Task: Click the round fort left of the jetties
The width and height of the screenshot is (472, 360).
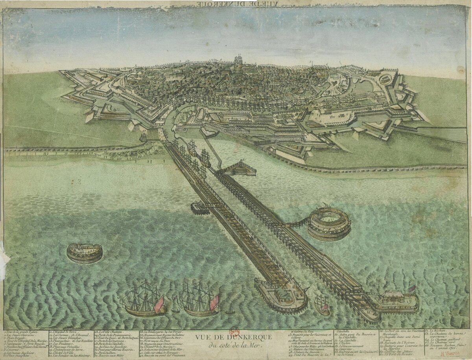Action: pyautogui.click(x=85, y=252)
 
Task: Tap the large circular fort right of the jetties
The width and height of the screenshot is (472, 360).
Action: pyautogui.click(x=329, y=223)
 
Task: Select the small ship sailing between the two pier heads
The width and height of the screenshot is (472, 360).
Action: pyautogui.click(x=322, y=304)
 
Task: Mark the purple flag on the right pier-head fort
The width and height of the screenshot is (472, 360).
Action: pyautogui.click(x=411, y=288)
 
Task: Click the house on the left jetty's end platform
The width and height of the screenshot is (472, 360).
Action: pyautogui.click(x=283, y=293)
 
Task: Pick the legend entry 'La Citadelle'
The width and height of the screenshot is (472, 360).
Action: pyautogui.click(x=346, y=339)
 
